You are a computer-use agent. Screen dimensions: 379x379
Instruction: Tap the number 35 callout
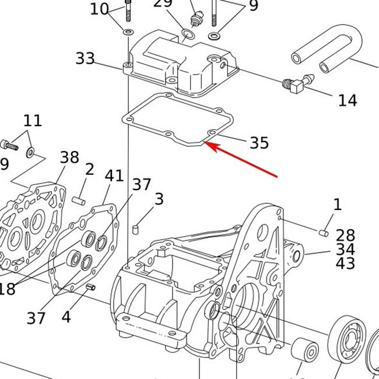[x=259, y=143]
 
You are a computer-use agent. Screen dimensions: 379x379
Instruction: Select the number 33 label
[x=85, y=58]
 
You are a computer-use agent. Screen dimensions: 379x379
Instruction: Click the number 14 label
[x=347, y=101]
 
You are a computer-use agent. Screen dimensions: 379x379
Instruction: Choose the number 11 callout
[x=33, y=121]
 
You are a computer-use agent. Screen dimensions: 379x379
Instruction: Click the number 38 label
[x=69, y=157]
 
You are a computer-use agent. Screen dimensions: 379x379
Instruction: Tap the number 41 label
[x=114, y=175]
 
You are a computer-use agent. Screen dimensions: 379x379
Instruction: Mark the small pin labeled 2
[x=80, y=201]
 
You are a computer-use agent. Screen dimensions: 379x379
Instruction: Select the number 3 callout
[x=159, y=199]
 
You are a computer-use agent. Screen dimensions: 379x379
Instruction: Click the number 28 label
[x=345, y=235]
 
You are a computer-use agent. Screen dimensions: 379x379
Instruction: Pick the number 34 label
[x=345, y=250]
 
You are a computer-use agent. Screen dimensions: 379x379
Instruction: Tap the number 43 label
[x=345, y=264]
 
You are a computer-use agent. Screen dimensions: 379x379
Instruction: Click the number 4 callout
[x=66, y=317]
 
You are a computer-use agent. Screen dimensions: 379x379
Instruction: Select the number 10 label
[x=100, y=9]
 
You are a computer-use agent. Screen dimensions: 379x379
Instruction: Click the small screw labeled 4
[x=90, y=287]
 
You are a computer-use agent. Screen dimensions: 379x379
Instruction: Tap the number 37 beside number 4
[x=36, y=318]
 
